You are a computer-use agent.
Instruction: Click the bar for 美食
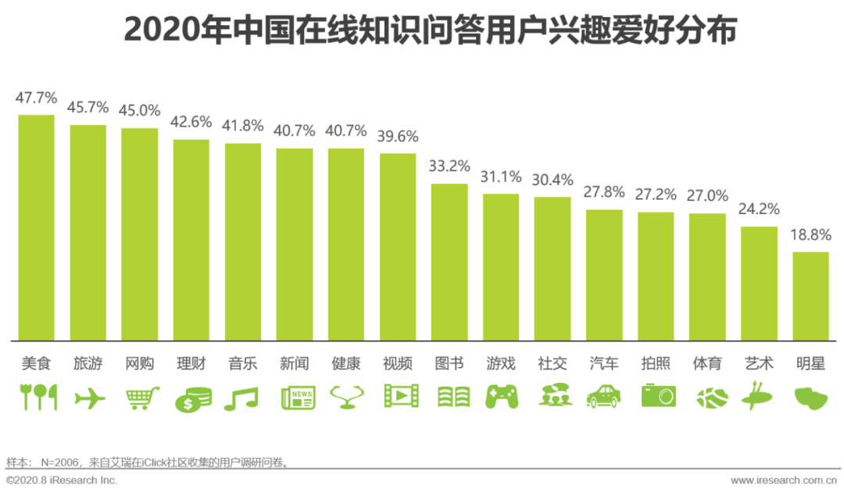pos(36,227)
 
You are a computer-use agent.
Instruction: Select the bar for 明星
pos(810,296)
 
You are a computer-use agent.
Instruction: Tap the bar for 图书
pos(449,262)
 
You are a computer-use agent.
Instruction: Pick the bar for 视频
pos(398,247)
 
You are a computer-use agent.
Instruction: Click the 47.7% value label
pos(36,98)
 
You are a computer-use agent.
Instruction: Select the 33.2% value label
pos(449,166)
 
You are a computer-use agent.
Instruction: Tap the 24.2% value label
pos(759,209)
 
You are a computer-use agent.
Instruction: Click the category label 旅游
pos(88,363)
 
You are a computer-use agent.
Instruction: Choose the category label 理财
pos(191,363)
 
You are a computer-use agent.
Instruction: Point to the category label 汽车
pos(604,363)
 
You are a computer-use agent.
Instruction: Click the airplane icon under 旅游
pos(89,398)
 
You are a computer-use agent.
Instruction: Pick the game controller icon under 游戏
pos(501,397)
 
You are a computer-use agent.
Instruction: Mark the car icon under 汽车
pos(603,397)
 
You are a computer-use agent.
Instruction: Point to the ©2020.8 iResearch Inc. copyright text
pos(61,480)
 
